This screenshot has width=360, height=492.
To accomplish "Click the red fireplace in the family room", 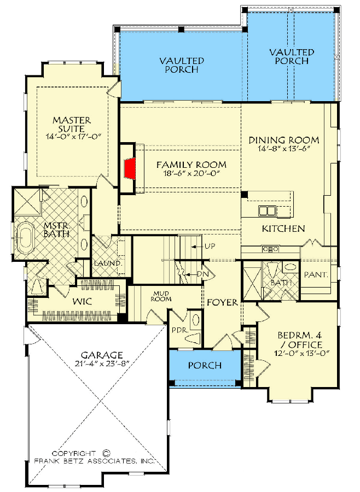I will click(129, 168).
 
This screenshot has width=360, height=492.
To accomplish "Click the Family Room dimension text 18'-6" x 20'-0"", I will click(191, 174).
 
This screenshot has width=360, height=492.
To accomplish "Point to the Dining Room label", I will click(283, 140).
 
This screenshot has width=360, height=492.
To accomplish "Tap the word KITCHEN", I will click(283, 229).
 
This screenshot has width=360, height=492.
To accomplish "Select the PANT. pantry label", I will click(316, 275).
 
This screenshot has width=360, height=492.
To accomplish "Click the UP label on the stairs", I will click(209, 246).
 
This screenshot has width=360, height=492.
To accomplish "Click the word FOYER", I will click(222, 302).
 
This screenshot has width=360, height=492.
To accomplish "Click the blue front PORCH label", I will click(205, 365).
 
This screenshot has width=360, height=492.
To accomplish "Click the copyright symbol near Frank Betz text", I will click(106, 453).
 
